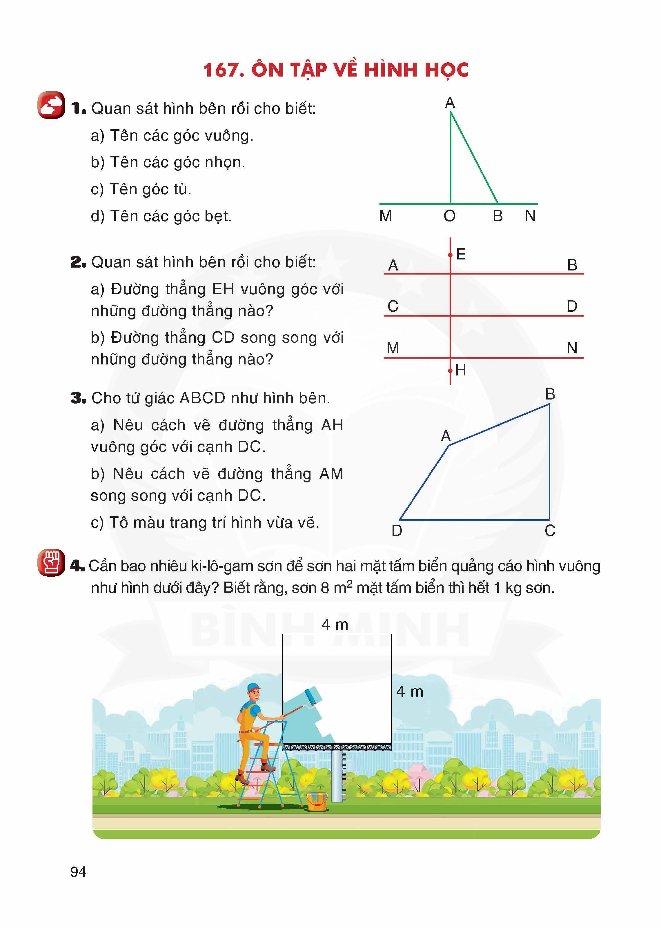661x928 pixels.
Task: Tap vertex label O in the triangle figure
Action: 449,216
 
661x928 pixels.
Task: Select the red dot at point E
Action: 450,255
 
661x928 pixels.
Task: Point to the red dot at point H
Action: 450,371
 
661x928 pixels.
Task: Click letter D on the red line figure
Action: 572,306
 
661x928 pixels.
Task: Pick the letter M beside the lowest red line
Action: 393,348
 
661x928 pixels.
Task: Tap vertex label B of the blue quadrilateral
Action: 550,394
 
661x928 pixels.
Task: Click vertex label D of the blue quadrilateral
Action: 397,531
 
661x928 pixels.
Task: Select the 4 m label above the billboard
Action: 335,624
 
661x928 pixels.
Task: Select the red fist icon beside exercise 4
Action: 51,563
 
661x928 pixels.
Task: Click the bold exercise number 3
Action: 77,398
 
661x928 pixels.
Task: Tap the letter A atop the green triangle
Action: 450,103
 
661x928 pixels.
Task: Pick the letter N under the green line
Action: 530,216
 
